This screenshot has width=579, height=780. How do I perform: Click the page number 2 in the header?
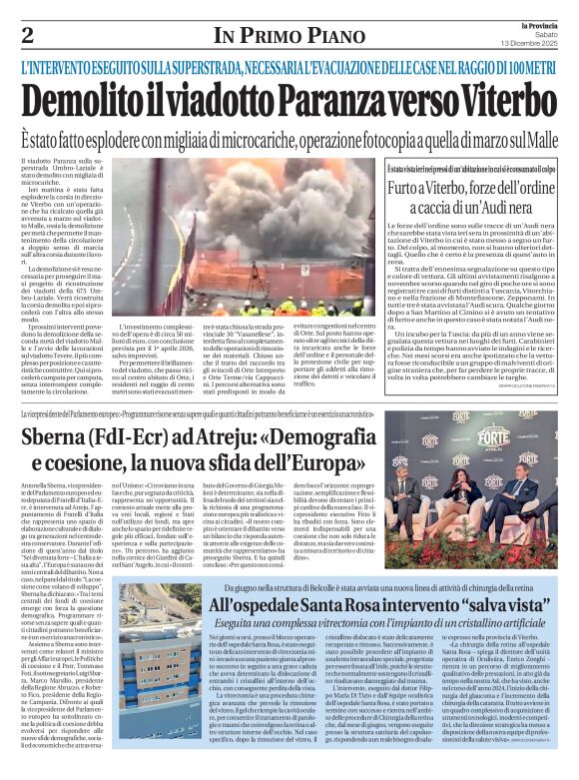(27, 35)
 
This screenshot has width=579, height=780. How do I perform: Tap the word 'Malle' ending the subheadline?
(539, 138)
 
